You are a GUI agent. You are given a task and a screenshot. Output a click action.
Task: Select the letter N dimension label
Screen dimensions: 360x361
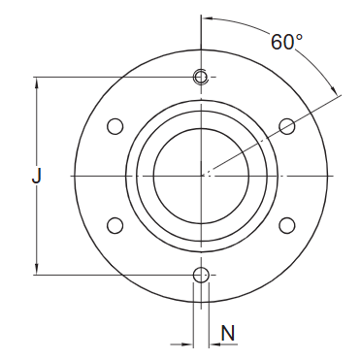227,333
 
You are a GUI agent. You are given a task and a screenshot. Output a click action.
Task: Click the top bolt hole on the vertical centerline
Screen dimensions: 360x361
201,77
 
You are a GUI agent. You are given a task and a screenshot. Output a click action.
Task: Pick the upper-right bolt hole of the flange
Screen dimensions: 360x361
286,126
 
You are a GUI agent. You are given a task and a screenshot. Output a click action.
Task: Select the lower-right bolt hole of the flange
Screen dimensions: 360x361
286,225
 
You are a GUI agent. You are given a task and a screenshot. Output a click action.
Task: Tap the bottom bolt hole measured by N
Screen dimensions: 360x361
201,275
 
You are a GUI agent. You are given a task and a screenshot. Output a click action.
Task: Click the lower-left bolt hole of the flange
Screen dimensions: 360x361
115,225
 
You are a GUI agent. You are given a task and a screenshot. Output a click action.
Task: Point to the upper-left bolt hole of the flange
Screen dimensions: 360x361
115,126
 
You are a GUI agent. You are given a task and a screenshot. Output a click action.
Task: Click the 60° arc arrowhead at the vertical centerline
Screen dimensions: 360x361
208,18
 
